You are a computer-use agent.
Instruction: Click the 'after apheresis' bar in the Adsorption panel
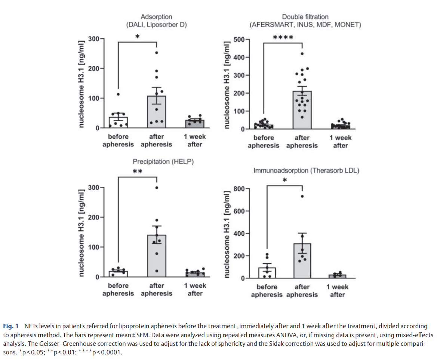pos(156,112)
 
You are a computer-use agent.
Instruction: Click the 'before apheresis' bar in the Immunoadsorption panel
pos(267,273)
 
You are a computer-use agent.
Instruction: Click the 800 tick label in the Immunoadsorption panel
pos(238,189)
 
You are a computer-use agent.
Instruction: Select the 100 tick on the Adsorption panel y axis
pos(94,98)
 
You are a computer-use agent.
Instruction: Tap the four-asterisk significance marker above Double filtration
pos(283,38)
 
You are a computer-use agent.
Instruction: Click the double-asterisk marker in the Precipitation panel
pos(138,172)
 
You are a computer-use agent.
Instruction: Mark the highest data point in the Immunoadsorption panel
pos(302,196)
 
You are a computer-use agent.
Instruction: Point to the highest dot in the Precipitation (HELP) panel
pos(157,187)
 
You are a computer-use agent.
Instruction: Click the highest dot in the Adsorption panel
pos(157,53)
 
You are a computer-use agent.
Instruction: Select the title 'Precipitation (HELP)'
pos(163,162)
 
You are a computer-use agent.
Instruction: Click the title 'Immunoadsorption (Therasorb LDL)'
pos(306,171)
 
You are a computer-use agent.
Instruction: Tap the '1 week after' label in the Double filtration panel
pos(340,141)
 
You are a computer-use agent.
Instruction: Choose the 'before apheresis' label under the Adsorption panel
pos(118,141)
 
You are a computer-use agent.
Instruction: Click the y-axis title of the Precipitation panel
pos(81,232)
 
